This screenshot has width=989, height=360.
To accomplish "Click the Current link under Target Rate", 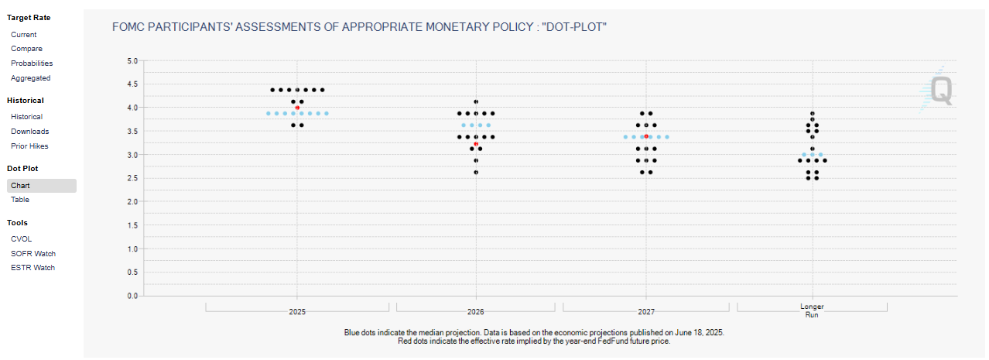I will click(23, 35).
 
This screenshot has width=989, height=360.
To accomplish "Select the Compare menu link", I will click(26, 49).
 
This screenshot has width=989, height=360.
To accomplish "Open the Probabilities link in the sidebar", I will click(32, 63).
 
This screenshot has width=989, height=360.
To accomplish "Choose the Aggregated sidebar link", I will click(30, 78).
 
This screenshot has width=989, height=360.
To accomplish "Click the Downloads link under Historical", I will click(29, 132).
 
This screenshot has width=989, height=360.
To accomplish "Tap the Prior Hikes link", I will click(29, 146).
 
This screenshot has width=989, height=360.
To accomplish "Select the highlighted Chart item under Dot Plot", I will click(21, 186).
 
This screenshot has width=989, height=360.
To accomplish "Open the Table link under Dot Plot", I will click(20, 200).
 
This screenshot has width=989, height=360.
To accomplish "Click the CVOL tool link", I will click(22, 239).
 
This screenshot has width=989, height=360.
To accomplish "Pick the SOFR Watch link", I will click(33, 254).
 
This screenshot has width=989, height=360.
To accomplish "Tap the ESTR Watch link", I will click(33, 268).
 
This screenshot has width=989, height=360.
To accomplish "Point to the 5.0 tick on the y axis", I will click(132, 60).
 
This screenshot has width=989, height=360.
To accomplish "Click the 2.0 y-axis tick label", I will click(132, 202).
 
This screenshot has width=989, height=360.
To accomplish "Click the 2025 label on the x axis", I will click(297, 312).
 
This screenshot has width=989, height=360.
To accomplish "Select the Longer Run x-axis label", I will click(812, 310).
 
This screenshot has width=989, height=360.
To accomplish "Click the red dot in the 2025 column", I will click(297, 108).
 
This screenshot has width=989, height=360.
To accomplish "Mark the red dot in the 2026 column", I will click(476, 144).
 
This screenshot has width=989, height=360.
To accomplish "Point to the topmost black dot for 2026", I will click(476, 101).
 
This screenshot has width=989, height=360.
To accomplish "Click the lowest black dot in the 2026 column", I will click(476, 172).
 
